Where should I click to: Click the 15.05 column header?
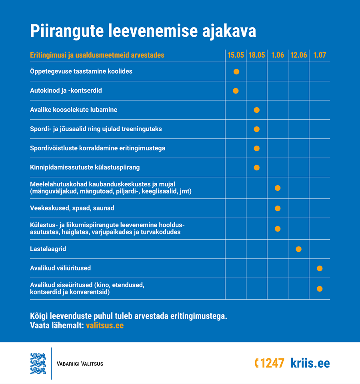tap(236, 55)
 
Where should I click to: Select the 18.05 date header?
tap(257, 55)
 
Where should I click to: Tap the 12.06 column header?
tap(298, 55)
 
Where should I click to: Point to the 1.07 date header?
tap(320, 55)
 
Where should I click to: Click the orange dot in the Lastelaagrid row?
tap(298, 249)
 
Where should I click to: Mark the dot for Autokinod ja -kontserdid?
tap(236, 91)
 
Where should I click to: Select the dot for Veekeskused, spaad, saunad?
tap(278, 208)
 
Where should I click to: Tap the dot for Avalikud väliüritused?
tap(320, 268)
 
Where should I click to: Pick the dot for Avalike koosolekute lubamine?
tap(257, 110)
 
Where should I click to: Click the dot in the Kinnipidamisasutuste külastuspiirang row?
tap(257, 168)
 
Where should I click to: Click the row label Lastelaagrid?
tap(48, 249)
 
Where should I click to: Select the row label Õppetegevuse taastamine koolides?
tap(81, 71)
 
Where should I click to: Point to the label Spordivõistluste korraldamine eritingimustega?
tap(98, 148)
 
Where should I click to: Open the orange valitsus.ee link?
tap(105, 326)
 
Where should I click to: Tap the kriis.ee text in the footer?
tap(310, 363)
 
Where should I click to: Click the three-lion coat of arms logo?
tap(38, 364)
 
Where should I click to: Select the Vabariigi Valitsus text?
tap(80, 364)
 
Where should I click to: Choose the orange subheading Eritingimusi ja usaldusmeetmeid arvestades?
tap(97, 55)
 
